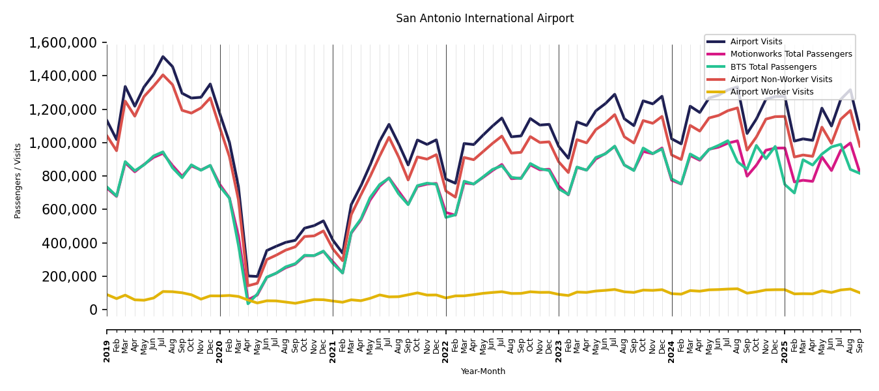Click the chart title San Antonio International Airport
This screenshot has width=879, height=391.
click(x=484, y=19)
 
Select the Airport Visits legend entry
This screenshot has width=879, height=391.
click(x=756, y=42)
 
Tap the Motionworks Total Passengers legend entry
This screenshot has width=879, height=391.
click(x=790, y=55)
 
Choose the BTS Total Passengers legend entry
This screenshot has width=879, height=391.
click(x=773, y=67)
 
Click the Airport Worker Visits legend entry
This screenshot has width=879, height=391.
click(x=772, y=92)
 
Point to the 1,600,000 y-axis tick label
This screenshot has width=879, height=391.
click(x=63, y=43)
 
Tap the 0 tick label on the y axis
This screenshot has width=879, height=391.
click(x=93, y=310)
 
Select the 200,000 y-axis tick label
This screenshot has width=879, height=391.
click(x=70, y=277)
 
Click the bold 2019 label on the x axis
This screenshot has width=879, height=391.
click(x=107, y=342)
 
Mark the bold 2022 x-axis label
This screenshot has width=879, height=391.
click(x=446, y=342)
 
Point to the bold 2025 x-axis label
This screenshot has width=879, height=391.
click(x=785, y=342)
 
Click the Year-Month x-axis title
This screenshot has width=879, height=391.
click(x=482, y=371)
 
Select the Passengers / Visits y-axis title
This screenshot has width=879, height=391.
click(x=18, y=181)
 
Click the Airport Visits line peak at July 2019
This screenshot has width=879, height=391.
click(x=163, y=57)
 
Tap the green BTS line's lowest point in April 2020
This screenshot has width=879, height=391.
click(x=248, y=303)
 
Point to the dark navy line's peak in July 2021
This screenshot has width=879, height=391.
click(x=389, y=124)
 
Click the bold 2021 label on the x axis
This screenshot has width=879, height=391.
click(x=333, y=342)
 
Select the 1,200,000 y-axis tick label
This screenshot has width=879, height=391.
click(x=63, y=109)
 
